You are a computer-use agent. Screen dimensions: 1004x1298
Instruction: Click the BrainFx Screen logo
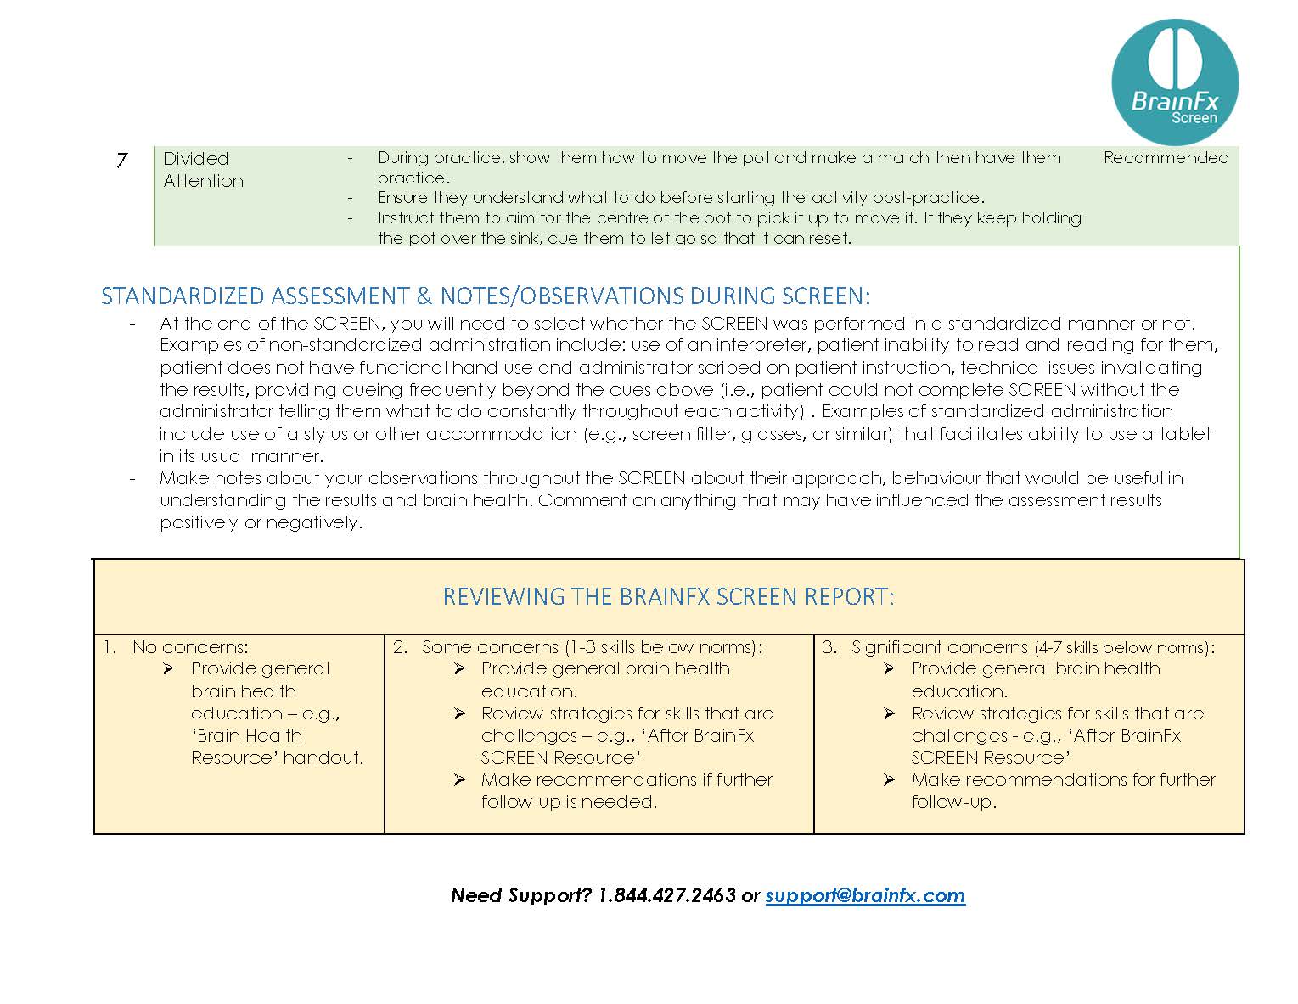(1174, 83)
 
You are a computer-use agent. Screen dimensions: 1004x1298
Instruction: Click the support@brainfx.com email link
(865, 894)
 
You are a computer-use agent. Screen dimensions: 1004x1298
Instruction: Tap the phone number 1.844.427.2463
(666, 894)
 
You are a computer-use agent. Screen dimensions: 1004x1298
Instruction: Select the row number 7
(121, 160)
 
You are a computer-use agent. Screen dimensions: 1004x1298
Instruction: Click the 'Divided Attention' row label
(203, 169)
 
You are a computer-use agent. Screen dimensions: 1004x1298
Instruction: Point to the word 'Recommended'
(1166, 157)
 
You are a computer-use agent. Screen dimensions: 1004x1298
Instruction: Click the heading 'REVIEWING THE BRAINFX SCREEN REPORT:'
(668, 596)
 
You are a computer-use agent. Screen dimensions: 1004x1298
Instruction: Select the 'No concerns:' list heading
(190, 647)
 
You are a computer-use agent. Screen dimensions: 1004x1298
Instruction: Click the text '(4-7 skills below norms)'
(1122, 647)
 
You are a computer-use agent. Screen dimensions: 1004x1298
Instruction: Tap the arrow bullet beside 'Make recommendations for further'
(889, 780)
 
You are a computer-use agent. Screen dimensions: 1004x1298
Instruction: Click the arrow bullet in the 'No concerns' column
(168, 669)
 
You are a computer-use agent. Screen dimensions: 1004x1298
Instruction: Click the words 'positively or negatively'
(260, 522)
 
